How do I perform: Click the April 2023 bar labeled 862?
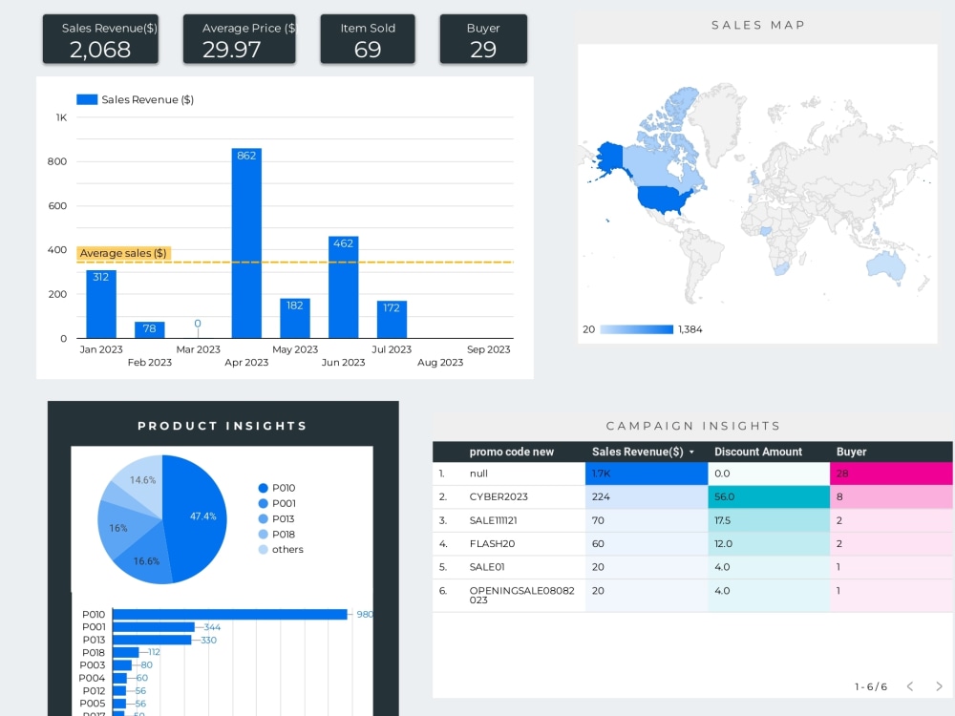246,243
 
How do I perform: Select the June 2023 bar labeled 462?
343,287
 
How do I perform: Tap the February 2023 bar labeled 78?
149,330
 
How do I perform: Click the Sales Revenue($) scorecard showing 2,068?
100,39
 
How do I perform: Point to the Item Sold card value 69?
368,50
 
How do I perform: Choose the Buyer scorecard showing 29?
483,39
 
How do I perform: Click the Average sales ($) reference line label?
123,253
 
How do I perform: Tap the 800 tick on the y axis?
57,161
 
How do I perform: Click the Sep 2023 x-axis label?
488,349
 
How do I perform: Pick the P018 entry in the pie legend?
284,534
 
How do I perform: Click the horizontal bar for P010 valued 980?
230,615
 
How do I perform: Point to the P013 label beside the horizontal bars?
94,640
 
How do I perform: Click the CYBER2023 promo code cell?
499,497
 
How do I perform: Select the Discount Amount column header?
758,452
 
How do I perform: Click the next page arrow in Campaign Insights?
939,686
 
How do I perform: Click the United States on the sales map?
667,199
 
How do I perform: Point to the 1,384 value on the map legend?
690,329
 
